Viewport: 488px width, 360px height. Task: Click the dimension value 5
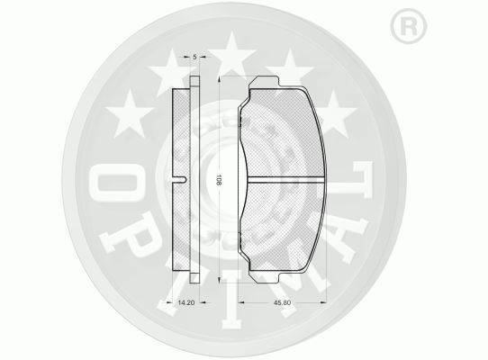(x=194, y=57)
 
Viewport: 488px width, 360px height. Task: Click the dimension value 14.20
(x=185, y=302)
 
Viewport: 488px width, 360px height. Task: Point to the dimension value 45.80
(x=282, y=302)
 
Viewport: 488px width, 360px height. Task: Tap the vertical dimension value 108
(x=219, y=180)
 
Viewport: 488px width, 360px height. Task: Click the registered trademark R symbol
(x=409, y=27)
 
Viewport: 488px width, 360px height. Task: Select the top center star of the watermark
(x=232, y=52)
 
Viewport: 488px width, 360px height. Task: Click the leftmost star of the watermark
(x=130, y=114)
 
